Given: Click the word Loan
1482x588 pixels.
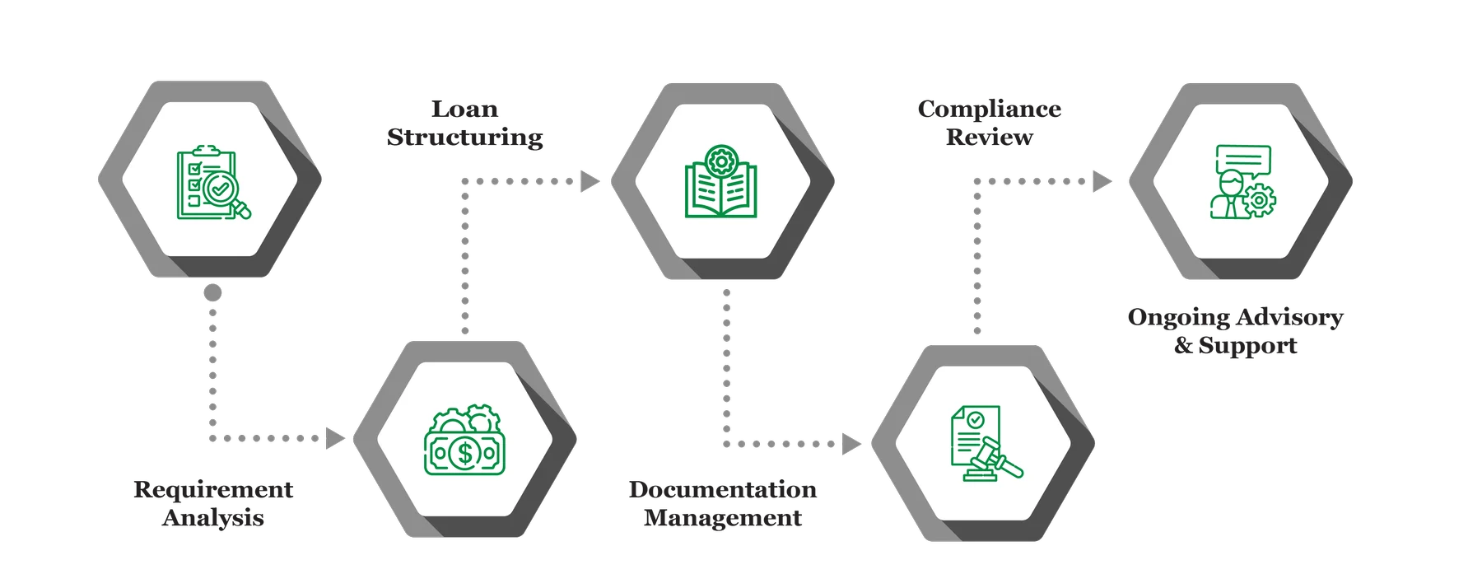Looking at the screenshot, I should [x=465, y=109].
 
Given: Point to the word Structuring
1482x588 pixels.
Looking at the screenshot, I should [x=465, y=137].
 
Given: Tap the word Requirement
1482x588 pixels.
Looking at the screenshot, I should [x=213, y=490].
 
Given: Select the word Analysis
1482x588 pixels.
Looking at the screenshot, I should [x=213, y=518].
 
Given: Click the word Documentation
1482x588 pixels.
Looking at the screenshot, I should [x=723, y=490].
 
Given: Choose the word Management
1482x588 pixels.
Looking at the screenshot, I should [x=723, y=518].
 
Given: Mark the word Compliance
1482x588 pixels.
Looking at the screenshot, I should [x=989, y=109].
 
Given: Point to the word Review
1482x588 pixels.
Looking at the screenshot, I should [x=989, y=137].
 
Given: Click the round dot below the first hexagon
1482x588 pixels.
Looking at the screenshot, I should [x=213, y=292].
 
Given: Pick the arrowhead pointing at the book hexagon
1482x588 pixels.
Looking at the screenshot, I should [x=590, y=181].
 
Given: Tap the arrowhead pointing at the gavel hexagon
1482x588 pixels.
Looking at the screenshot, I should [x=850, y=444].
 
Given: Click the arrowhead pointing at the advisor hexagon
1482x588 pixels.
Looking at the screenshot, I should [x=1102, y=181].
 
